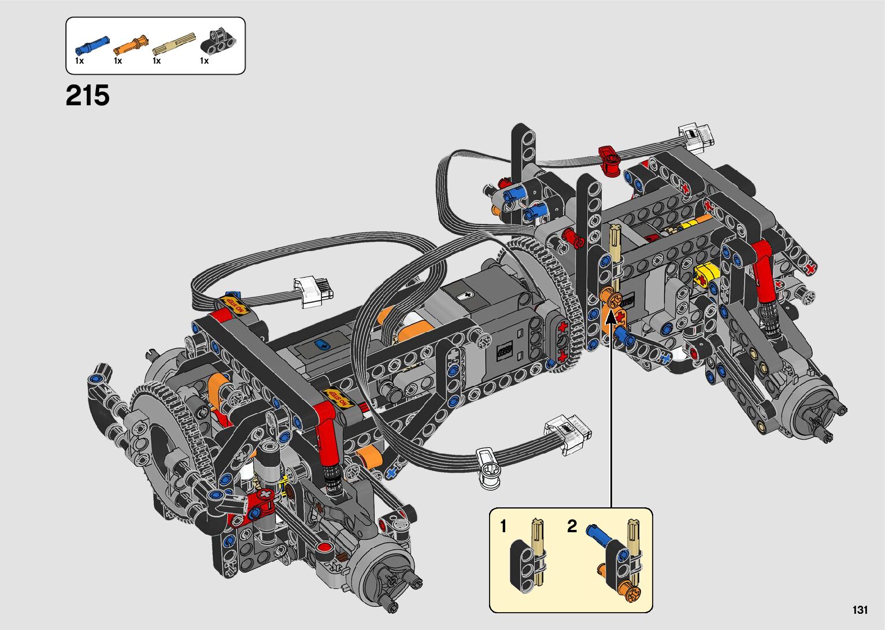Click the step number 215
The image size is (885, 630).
(x=87, y=95)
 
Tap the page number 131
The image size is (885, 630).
(x=860, y=610)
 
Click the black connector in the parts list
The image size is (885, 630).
(x=218, y=39)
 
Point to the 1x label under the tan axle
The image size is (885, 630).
(x=157, y=61)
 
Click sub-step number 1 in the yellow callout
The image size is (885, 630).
(x=503, y=526)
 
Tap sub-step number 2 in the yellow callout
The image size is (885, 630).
(x=572, y=526)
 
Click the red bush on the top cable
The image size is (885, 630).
(x=608, y=160)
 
